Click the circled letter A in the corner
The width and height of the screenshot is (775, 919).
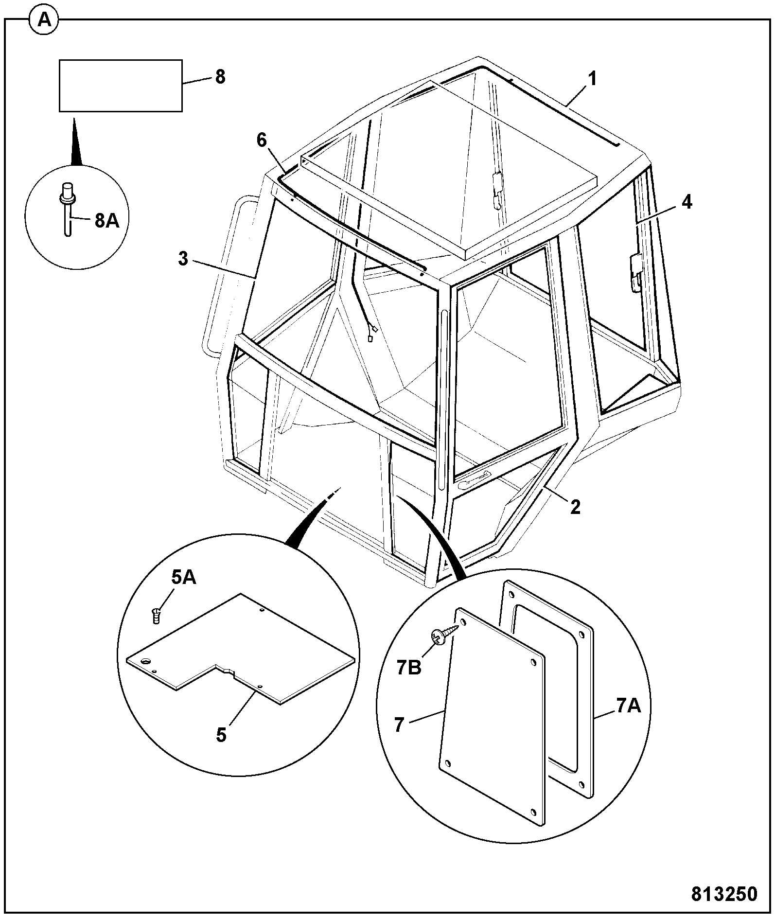click(x=44, y=20)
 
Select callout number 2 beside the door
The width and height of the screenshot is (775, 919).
click(x=575, y=507)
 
